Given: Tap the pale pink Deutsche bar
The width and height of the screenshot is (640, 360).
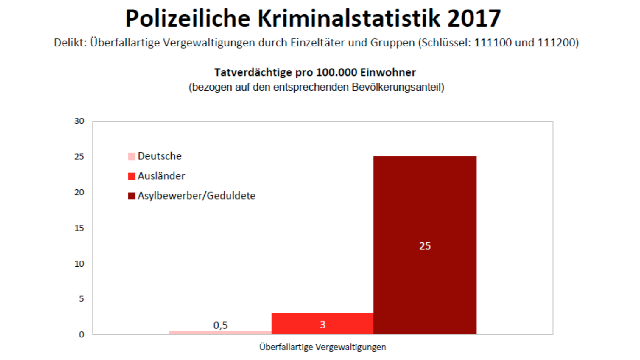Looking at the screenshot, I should coord(220,332).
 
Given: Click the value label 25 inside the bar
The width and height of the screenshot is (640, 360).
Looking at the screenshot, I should coord(425,246).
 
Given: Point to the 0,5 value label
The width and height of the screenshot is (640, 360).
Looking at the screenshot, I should coord(220,325).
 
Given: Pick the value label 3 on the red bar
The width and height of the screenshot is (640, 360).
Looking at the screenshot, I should coord(322,324).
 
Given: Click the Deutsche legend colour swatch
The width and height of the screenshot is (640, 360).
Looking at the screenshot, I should coord(132,156).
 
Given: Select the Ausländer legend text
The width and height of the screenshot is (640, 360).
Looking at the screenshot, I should coord(161,176).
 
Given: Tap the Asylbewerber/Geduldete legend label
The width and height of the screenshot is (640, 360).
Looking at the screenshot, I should coord(196,196).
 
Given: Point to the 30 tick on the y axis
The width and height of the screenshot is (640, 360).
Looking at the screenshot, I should coord(79,121).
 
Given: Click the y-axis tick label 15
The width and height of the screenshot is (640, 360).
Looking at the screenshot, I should coord(79,228).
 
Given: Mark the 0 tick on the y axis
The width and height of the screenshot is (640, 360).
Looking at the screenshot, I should coord(82,335).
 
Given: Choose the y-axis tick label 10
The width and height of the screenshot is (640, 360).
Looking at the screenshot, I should coord(79,264).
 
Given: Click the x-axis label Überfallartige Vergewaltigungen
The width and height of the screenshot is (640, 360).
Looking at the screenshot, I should coord(322,347).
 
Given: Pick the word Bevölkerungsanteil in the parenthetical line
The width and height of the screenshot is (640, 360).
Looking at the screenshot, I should coord(398,87).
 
